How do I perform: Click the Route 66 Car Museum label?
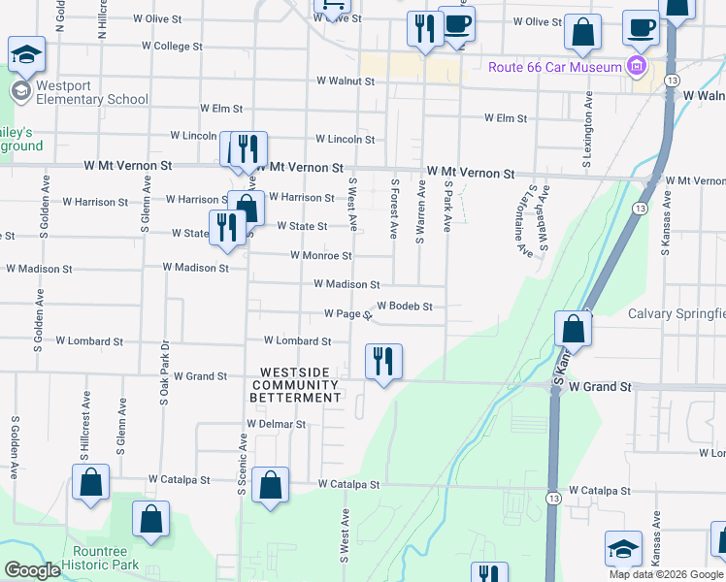[553, 67]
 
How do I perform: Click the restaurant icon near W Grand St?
[383, 362]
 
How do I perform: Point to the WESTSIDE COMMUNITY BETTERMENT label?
[296, 385]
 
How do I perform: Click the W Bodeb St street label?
[404, 306]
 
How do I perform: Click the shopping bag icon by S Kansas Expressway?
[574, 329]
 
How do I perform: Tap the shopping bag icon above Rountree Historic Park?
[150, 519]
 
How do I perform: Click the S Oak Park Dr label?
[164, 372]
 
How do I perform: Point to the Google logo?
[32, 570]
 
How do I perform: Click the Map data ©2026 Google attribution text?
[666, 574]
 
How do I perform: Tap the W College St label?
[172, 46]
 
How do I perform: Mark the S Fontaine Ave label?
[524, 230]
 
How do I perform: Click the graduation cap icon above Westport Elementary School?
[26, 53]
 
